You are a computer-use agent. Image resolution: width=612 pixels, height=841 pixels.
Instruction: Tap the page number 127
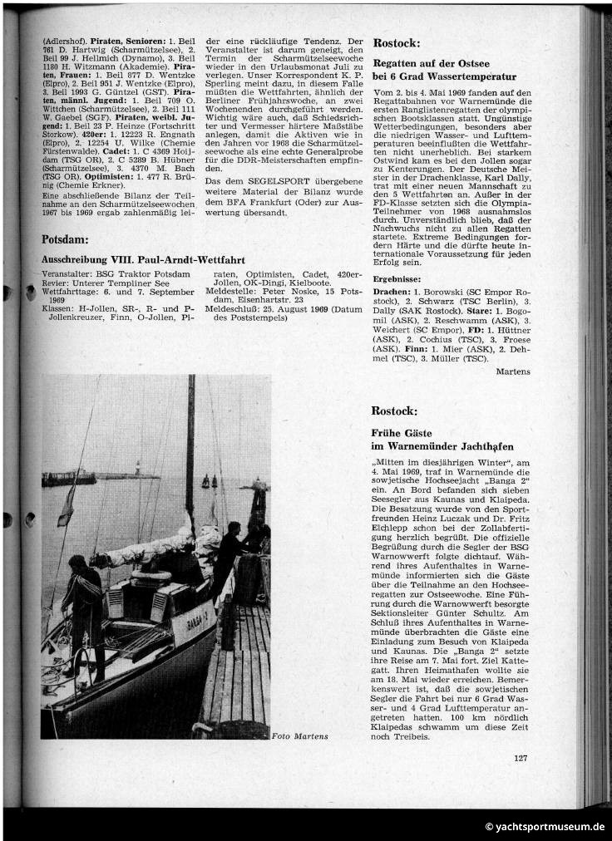[x=521, y=757]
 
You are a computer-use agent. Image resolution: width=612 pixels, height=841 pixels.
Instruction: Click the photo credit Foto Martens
[x=299, y=735]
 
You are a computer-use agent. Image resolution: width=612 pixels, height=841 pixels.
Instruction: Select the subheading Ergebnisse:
[x=397, y=279]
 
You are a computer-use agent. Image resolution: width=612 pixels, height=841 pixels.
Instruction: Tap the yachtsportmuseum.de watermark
[x=544, y=826]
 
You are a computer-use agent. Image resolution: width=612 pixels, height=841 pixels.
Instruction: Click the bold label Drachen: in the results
[x=392, y=293]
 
